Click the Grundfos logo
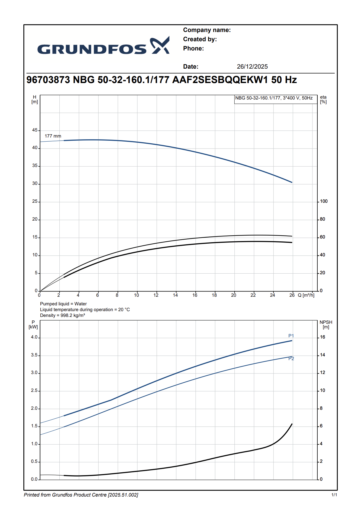tap(103, 46)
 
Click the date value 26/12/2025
tap(252, 67)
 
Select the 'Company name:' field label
tap(207, 30)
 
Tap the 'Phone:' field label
tap(193, 48)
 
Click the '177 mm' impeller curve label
tap(53, 136)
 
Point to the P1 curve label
tap(291, 336)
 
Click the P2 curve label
tap(291, 359)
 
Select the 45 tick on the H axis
tap(35, 130)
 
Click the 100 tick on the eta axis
tap(324, 201)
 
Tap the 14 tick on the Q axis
tap(175, 295)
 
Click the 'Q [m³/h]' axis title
tap(306, 295)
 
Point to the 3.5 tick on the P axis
tap(34, 355)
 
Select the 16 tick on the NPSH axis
tap(323, 337)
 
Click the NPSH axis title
tap(326, 324)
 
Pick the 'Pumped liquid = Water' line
tap(63, 304)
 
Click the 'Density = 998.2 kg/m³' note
tap(63, 315)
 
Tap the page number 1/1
tap(334, 495)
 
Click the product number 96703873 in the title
tap(48, 80)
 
